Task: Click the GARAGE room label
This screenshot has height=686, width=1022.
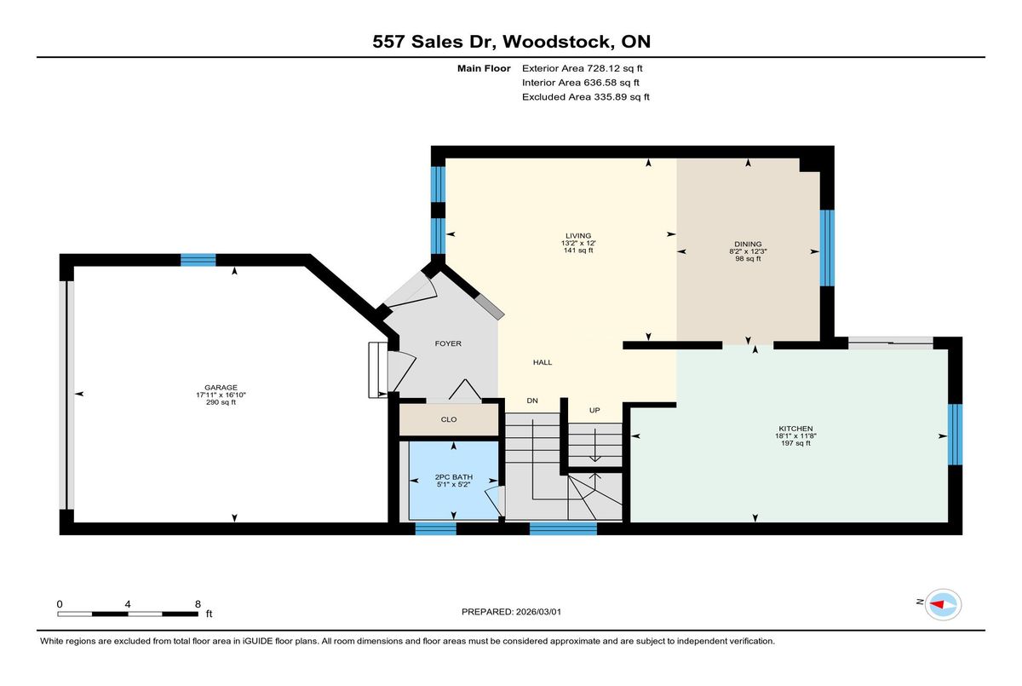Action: click(x=221, y=388)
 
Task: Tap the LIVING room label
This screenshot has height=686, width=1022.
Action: click(x=578, y=236)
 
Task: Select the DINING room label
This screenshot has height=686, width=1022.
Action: click(x=748, y=245)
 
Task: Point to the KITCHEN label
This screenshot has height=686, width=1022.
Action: click(x=795, y=429)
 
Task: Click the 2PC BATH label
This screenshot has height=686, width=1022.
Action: click(x=453, y=477)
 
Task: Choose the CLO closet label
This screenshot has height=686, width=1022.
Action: click(x=449, y=419)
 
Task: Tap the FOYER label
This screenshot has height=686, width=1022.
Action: click(x=448, y=343)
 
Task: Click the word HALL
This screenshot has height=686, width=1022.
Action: click(x=543, y=362)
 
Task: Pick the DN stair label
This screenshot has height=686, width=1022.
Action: click(x=532, y=401)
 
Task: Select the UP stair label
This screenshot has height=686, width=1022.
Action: click(x=594, y=411)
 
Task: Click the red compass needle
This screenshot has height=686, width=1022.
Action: click(x=937, y=604)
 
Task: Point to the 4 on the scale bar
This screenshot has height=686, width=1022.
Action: click(x=128, y=604)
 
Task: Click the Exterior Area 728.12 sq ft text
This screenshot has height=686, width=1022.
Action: click(x=583, y=68)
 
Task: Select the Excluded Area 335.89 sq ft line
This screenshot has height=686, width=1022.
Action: click(x=586, y=97)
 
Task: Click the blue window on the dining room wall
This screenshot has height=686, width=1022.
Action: click(x=827, y=248)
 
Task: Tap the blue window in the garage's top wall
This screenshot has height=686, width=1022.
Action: click(x=198, y=260)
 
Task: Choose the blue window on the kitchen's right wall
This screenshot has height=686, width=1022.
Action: click(x=955, y=435)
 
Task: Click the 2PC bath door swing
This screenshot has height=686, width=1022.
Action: click(x=493, y=502)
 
